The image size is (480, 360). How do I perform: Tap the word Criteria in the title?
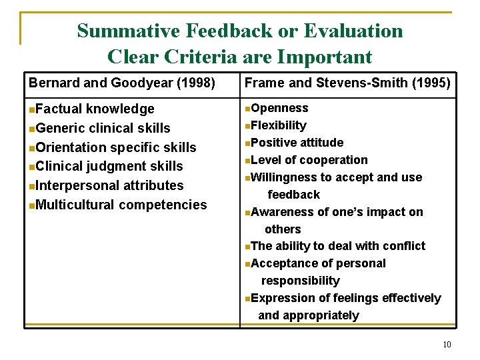[193, 57]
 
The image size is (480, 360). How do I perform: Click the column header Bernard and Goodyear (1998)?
[121, 83]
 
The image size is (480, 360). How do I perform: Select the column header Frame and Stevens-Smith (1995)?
[347, 83]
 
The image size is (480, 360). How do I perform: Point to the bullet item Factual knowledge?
[95, 109]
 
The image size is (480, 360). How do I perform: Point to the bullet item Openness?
[279, 108]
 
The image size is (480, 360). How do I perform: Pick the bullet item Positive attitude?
[297, 143]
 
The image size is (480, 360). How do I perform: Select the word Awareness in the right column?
[280, 212]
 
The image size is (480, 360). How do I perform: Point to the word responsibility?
[300, 281]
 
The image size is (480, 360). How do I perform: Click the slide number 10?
[447, 345]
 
